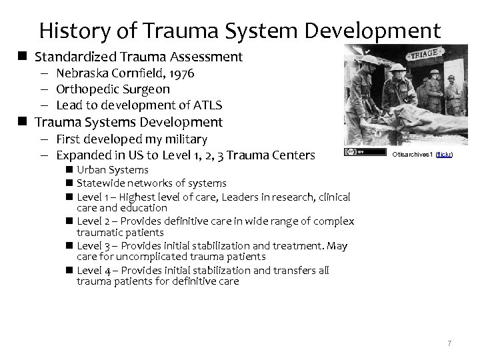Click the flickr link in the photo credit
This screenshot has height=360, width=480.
(x=445, y=155)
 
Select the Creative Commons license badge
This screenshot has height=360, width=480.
(x=355, y=153)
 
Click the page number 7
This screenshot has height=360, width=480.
(x=449, y=343)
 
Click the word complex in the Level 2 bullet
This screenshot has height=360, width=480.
(x=333, y=221)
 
